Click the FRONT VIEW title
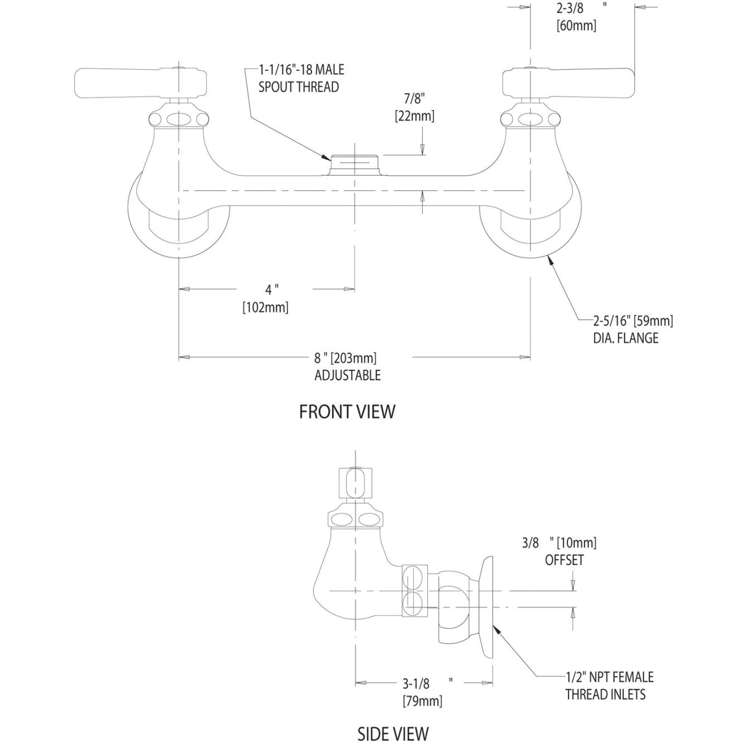(347, 412)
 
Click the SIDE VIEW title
(393, 733)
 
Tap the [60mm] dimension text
(576, 26)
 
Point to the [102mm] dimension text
(265, 307)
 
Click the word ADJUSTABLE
(347, 375)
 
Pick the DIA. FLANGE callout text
(625, 338)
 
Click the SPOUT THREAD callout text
(298, 87)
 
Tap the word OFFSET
(564, 560)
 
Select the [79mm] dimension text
(423, 701)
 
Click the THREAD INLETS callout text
(605, 694)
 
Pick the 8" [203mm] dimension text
(346, 357)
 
